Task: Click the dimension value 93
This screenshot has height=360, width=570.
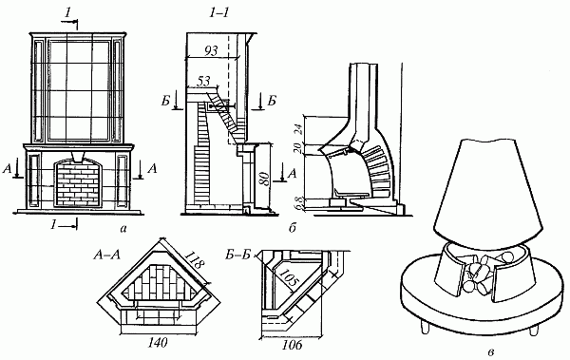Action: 211,50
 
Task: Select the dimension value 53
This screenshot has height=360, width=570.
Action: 203,81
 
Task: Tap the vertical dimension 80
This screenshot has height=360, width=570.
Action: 266,179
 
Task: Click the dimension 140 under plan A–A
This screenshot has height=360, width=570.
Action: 158,342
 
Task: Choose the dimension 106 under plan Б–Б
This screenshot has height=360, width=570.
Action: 292,345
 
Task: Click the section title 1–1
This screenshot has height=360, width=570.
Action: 219,13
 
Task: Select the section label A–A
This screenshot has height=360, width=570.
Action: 105,255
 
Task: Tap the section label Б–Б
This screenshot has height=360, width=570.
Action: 238,255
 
